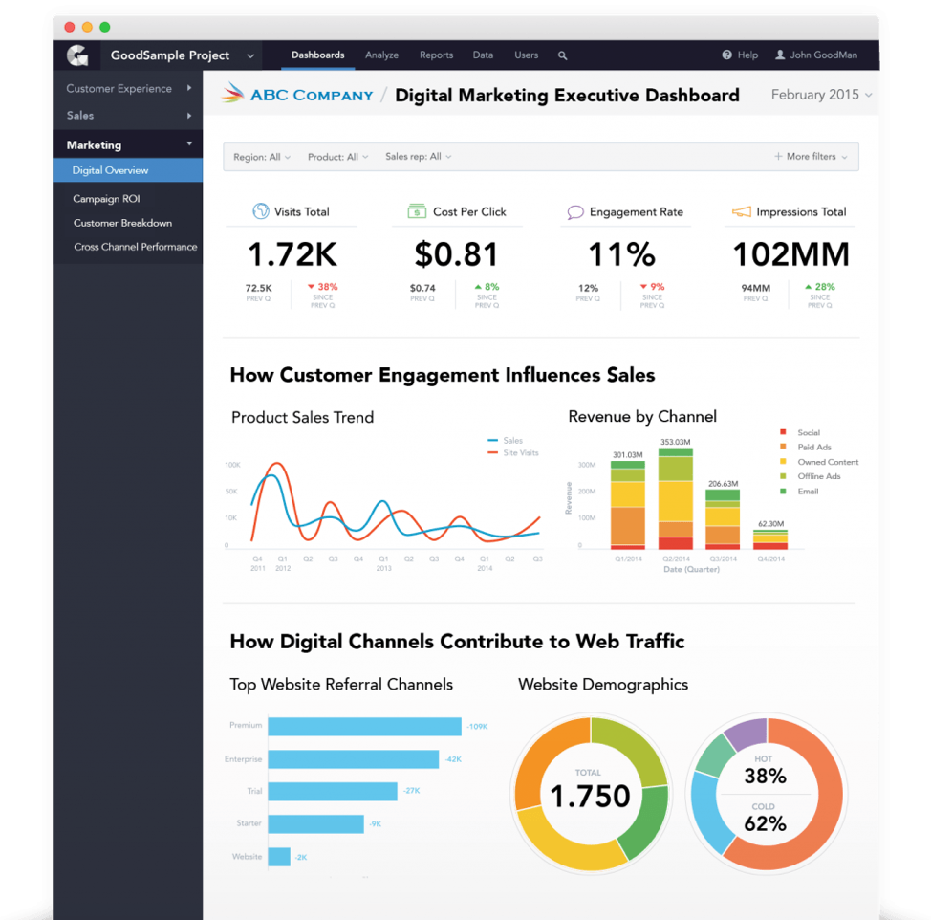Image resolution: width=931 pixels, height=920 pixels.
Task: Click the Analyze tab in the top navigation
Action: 381,55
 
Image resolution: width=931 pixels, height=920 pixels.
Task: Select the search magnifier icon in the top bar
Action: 563,55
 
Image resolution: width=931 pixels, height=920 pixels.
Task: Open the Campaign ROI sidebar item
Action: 106,199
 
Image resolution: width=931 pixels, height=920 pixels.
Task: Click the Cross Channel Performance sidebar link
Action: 135,247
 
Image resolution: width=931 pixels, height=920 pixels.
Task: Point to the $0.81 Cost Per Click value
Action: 456,254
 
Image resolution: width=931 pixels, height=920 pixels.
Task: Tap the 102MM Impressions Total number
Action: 790,254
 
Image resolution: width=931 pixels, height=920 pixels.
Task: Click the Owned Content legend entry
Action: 828,462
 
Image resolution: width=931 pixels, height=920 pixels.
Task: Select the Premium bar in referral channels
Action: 364,727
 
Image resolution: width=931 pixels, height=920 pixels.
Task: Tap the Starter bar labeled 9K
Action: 315,823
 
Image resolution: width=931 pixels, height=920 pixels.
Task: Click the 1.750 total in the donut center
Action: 589,796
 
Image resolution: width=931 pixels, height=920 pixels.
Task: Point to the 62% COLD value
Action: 765,823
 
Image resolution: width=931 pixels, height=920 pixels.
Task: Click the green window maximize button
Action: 105,27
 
